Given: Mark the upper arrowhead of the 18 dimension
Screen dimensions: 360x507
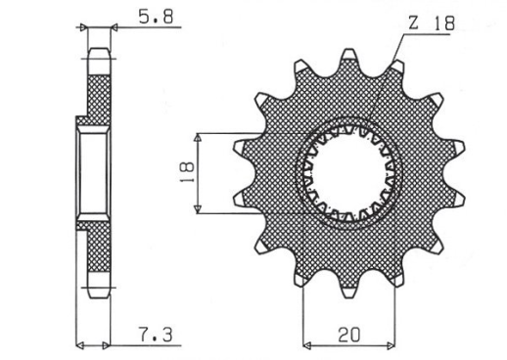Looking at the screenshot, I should (x=200, y=135).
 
